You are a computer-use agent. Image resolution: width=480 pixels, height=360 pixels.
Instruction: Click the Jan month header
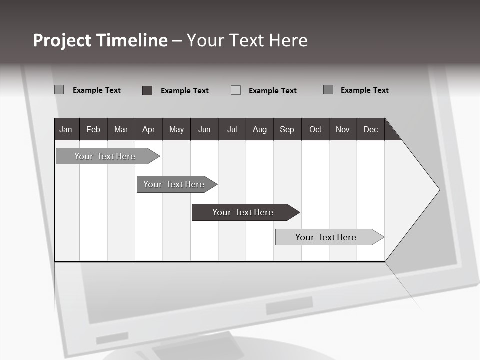tap(66, 129)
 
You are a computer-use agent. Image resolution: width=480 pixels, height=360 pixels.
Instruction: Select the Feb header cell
tap(93, 129)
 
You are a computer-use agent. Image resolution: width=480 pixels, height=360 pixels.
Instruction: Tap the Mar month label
tap(121, 129)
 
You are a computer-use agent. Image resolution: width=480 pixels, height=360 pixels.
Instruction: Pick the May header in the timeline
tap(176, 129)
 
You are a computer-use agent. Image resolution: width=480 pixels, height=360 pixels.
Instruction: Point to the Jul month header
tap(232, 129)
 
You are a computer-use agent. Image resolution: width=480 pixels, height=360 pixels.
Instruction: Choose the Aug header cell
tap(259, 129)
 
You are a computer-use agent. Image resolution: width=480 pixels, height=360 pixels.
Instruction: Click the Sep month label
tap(287, 129)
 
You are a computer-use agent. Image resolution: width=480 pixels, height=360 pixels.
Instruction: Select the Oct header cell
tap(315, 129)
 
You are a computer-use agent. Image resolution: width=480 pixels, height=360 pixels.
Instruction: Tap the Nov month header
tap(343, 129)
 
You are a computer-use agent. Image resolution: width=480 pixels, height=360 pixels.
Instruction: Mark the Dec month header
tap(370, 129)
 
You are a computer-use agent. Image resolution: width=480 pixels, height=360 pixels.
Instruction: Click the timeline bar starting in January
tap(105, 156)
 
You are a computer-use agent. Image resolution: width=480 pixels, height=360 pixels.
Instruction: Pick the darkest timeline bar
tap(243, 212)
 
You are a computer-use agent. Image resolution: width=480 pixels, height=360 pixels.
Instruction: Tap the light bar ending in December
tap(326, 237)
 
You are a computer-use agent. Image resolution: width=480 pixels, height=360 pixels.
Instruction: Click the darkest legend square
tap(147, 90)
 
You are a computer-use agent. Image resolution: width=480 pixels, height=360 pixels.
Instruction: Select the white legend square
tap(236, 90)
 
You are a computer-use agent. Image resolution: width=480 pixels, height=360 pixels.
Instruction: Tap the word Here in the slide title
tap(288, 40)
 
